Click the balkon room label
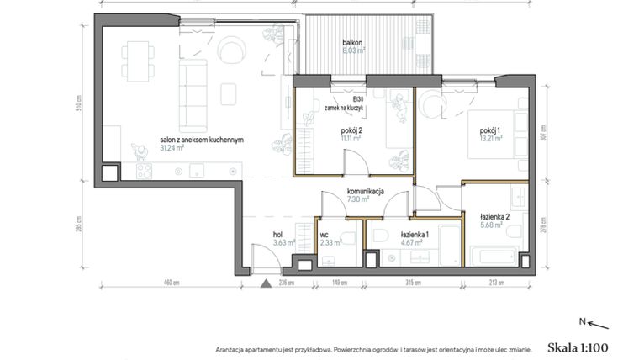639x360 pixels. click(352, 41)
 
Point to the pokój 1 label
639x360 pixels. click(490, 131)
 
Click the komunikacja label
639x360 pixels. click(366, 192)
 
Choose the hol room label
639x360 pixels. click(277, 236)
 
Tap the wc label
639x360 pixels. click(326, 236)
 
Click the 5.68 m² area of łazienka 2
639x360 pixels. click(492, 225)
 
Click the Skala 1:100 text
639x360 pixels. click(577, 347)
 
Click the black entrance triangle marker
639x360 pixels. click(267, 283)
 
